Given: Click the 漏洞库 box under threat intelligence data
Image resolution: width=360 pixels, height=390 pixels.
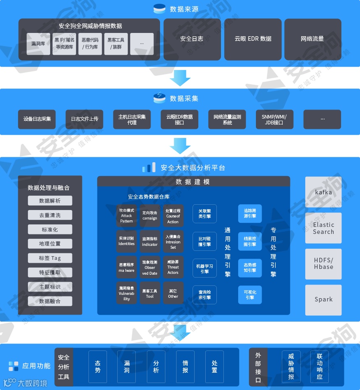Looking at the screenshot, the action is (x=38, y=44).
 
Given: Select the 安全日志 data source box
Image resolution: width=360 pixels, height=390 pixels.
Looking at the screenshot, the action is (x=192, y=39).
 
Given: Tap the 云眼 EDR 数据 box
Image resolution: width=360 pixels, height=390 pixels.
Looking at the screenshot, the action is (x=253, y=39).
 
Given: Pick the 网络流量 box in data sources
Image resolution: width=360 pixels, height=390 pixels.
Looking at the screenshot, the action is (x=312, y=39).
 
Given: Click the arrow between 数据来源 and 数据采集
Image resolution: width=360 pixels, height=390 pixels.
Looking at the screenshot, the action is (x=180, y=77).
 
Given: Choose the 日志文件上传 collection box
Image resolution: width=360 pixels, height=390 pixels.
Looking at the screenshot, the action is (x=84, y=119).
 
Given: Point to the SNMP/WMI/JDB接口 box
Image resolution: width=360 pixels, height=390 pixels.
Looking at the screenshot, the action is (x=274, y=119).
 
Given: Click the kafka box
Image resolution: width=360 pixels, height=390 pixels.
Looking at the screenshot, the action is (x=323, y=192).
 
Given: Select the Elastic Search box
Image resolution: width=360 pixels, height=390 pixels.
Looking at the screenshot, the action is (x=323, y=228).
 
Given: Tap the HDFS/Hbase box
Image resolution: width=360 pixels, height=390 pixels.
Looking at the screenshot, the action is (x=323, y=264).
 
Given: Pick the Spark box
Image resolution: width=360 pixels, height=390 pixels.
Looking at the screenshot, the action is (x=323, y=299).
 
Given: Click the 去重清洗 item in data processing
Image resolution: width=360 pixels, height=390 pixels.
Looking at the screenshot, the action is (x=50, y=215).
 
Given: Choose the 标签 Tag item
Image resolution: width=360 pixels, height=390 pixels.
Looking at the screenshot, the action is (x=50, y=258).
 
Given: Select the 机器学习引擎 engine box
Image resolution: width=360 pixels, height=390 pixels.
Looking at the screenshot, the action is (x=204, y=269).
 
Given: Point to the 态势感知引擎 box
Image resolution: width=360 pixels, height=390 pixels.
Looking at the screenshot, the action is (x=250, y=268).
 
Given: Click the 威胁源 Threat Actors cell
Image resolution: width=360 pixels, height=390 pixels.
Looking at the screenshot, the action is (x=173, y=267).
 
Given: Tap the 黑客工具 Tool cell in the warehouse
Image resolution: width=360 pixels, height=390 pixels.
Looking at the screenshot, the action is (x=150, y=293).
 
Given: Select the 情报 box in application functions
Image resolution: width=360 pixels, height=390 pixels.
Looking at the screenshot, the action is (x=185, y=367).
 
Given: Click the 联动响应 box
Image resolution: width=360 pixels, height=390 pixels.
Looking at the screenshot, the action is (x=320, y=367).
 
